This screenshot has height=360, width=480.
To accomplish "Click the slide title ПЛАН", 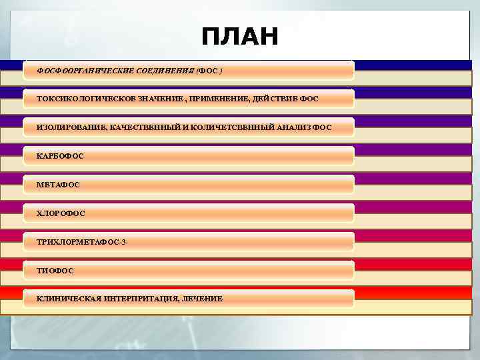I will (x=239, y=37).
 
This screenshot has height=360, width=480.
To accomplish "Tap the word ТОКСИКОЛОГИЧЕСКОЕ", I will (x=81, y=99).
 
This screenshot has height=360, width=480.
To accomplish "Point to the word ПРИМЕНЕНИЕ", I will (x=219, y=99).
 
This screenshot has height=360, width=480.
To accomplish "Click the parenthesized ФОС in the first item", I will (x=211, y=70).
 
